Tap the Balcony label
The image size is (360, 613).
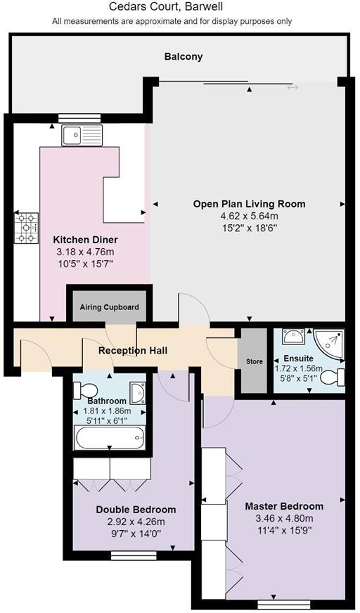183,56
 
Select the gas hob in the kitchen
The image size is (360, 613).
27,228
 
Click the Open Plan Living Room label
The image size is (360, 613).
249,204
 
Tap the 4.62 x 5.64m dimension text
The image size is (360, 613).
249,217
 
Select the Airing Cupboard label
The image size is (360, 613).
109,307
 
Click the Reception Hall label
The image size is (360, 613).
132,350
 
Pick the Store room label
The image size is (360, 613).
254,361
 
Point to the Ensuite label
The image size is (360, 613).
299,359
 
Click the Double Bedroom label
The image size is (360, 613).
136,510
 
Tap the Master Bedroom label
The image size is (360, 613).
283,506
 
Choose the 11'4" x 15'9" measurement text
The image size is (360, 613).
283,531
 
